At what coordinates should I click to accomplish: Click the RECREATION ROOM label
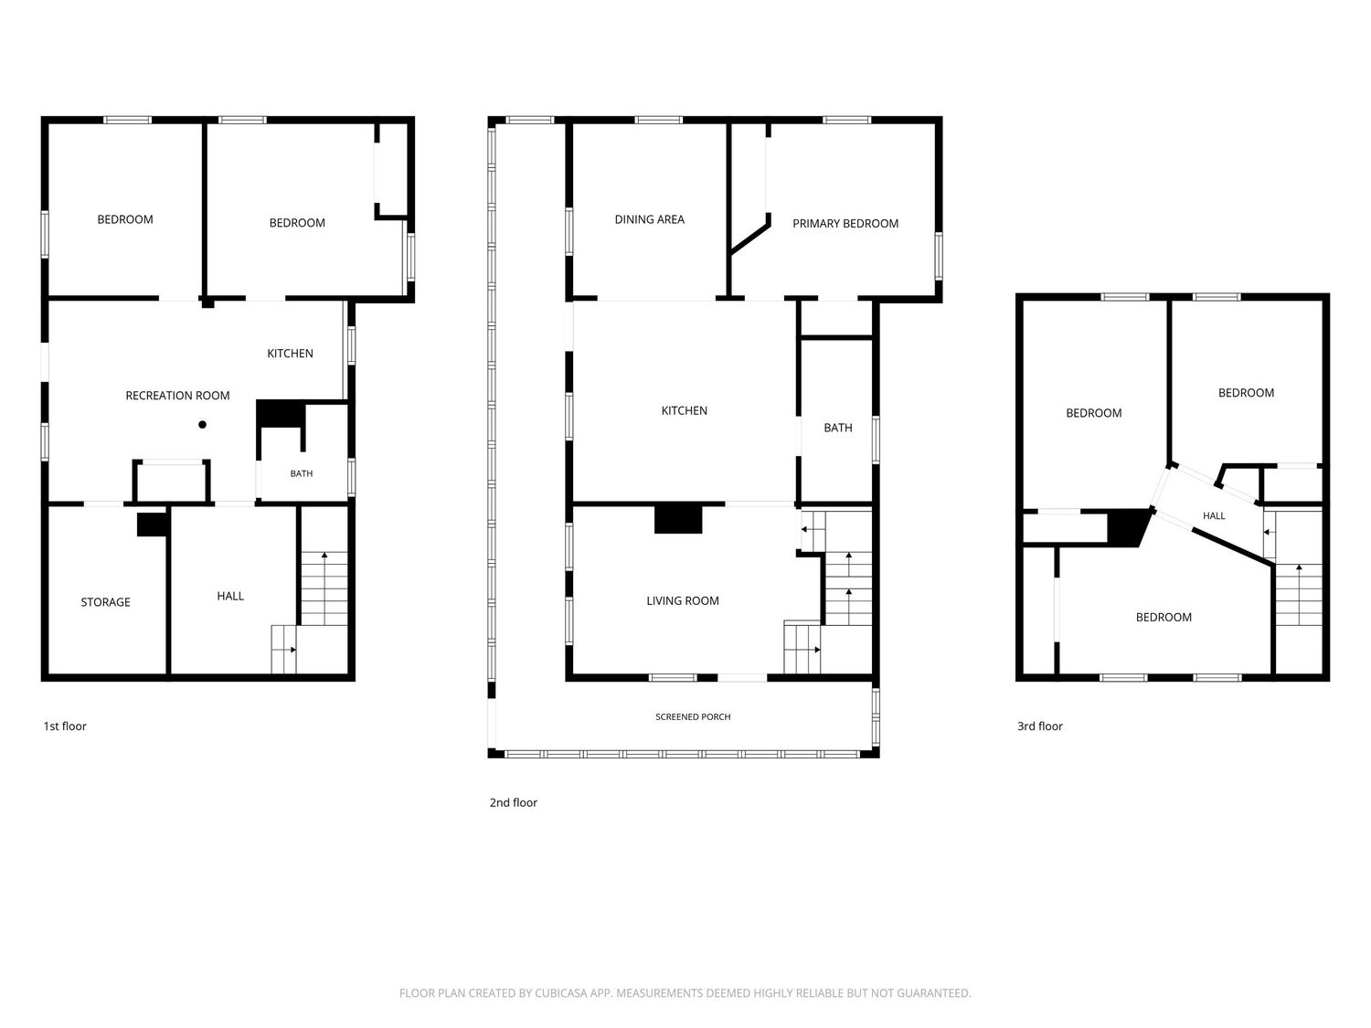[x=177, y=395]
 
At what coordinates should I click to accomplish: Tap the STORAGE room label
[x=105, y=601]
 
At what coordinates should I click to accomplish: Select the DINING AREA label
[x=649, y=219]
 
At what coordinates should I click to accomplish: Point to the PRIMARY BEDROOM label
[x=845, y=224]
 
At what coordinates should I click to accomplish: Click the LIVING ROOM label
[x=682, y=600]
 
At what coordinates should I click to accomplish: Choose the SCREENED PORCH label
[x=693, y=716]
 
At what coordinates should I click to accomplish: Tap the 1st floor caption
[x=65, y=726]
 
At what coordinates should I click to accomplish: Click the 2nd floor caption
[x=513, y=802]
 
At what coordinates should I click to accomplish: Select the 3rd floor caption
[x=1040, y=726]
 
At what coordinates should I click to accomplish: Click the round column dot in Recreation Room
[x=202, y=424]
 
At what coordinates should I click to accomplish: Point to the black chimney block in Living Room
[x=678, y=519]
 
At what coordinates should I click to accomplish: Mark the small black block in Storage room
[x=152, y=525]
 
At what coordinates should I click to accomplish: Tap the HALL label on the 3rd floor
[x=1214, y=515]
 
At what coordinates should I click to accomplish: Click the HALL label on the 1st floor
[x=230, y=596]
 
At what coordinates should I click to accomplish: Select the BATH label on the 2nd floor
[x=837, y=428]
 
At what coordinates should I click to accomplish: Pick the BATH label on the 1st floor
[x=301, y=473]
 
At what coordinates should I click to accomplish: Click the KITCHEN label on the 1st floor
[x=290, y=354]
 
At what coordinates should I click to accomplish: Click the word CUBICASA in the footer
[x=559, y=993]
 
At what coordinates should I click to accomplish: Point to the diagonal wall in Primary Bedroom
[x=749, y=235]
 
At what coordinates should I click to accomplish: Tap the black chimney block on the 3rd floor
[x=1128, y=528]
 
